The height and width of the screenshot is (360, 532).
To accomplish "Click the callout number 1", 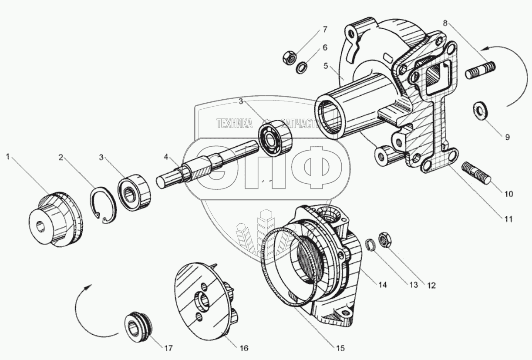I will [x=7, y=156].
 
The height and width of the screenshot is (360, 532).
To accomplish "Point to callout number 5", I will [x=325, y=67].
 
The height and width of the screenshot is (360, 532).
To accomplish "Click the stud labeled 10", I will [x=478, y=172].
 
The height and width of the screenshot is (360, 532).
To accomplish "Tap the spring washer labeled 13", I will [x=370, y=246].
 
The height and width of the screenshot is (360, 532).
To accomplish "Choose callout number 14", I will [x=382, y=285].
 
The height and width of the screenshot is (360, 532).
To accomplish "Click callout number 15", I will [x=340, y=348].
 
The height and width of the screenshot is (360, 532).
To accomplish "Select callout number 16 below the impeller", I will [x=243, y=348].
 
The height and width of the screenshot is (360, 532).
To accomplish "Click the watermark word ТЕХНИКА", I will [x=235, y=124].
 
